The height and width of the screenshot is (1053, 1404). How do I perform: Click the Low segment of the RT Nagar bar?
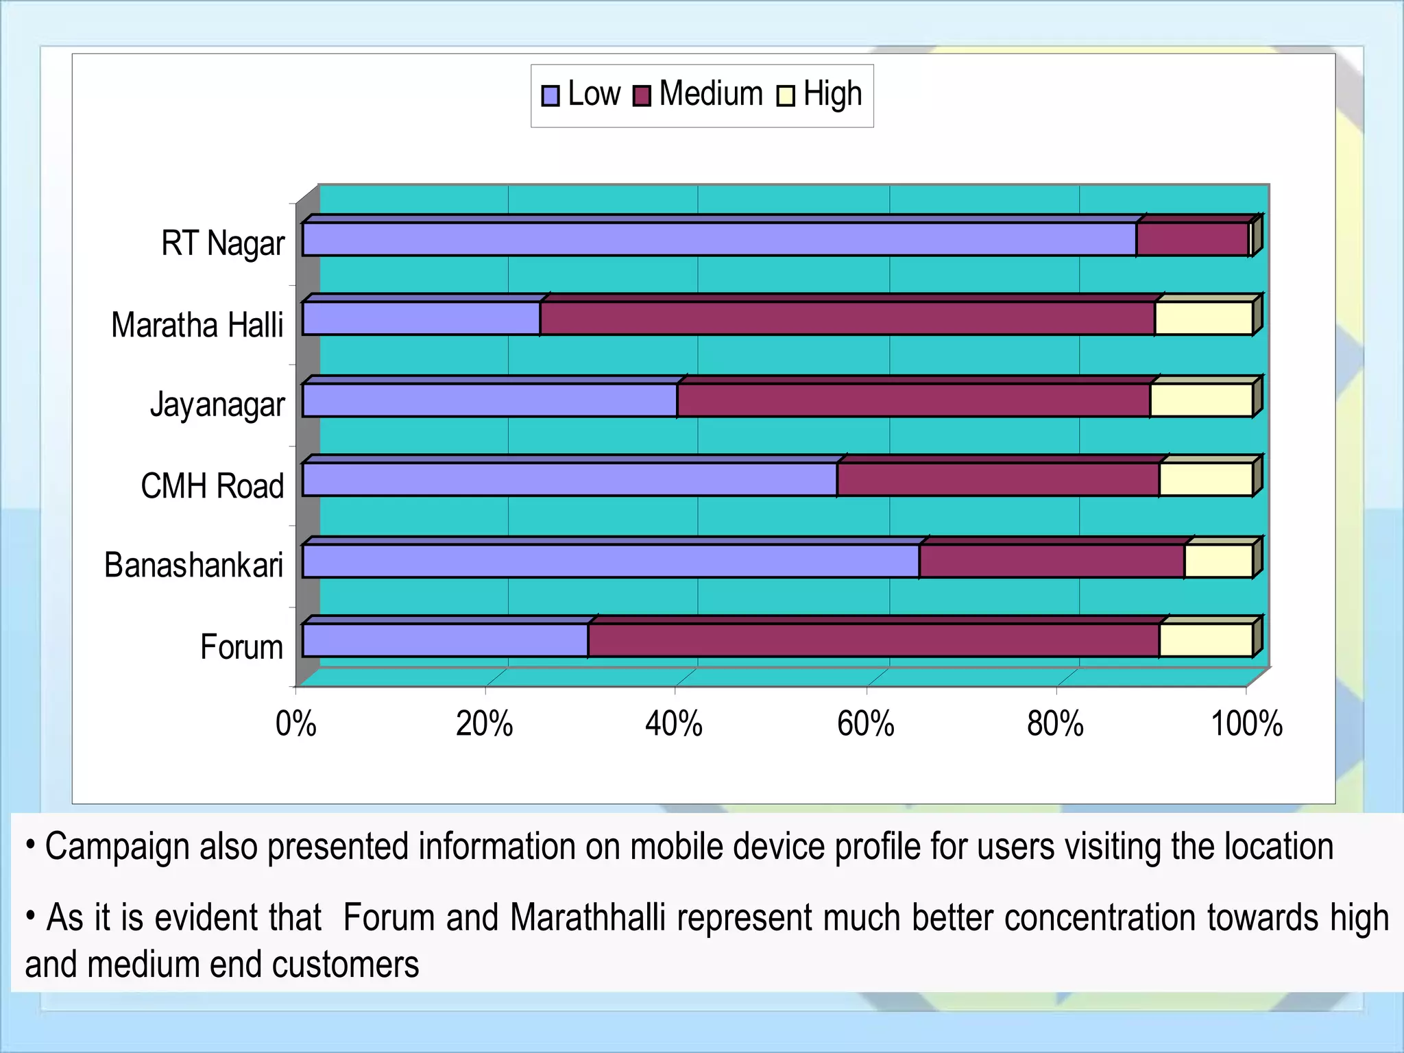tap(720, 239)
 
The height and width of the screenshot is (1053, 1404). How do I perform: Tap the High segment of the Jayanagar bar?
tap(1201, 400)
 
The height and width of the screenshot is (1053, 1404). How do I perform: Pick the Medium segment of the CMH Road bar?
tap(998, 479)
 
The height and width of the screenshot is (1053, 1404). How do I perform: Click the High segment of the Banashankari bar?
tap(1218, 561)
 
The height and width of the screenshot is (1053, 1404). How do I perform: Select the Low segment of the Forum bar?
tap(446, 640)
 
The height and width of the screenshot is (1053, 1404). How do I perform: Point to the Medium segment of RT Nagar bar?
tap(1192, 239)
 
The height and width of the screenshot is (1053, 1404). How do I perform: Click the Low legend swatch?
tap(550, 95)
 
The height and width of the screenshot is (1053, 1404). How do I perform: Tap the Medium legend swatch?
tap(642, 95)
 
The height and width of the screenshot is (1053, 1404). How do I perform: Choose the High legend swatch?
tap(785, 95)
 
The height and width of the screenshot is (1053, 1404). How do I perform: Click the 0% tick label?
tap(296, 724)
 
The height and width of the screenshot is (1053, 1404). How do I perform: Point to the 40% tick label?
tap(674, 724)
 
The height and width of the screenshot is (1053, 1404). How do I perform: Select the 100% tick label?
tap(1246, 724)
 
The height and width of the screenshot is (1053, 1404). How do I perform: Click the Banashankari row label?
tap(194, 566)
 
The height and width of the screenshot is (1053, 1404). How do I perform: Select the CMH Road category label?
tap(213, 485)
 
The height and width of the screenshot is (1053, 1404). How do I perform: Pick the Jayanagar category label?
tap(217, 404)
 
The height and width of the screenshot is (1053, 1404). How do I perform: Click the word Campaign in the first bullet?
tap(117, 847)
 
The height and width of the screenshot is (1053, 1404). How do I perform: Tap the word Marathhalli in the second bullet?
tap(588, 918)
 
